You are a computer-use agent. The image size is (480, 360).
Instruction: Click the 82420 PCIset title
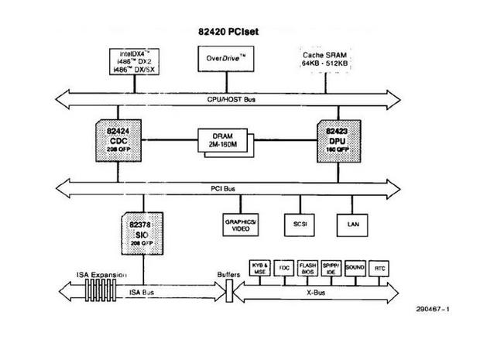[x=235, y=33]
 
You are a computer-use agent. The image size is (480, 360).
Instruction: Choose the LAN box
[x=351, y=225]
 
